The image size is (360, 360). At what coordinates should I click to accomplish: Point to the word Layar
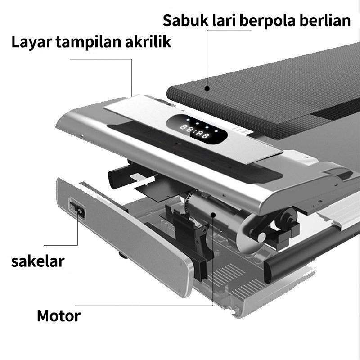pos(30,42)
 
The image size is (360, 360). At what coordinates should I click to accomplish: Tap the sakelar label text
pos(38,261)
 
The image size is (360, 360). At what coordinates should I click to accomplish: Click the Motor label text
pos(58,315)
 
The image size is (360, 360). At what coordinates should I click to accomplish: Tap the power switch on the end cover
pos(77,210)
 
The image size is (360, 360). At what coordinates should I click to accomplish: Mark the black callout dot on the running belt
pos(207,89)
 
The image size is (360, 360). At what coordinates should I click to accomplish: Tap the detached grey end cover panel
pos(126,234)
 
